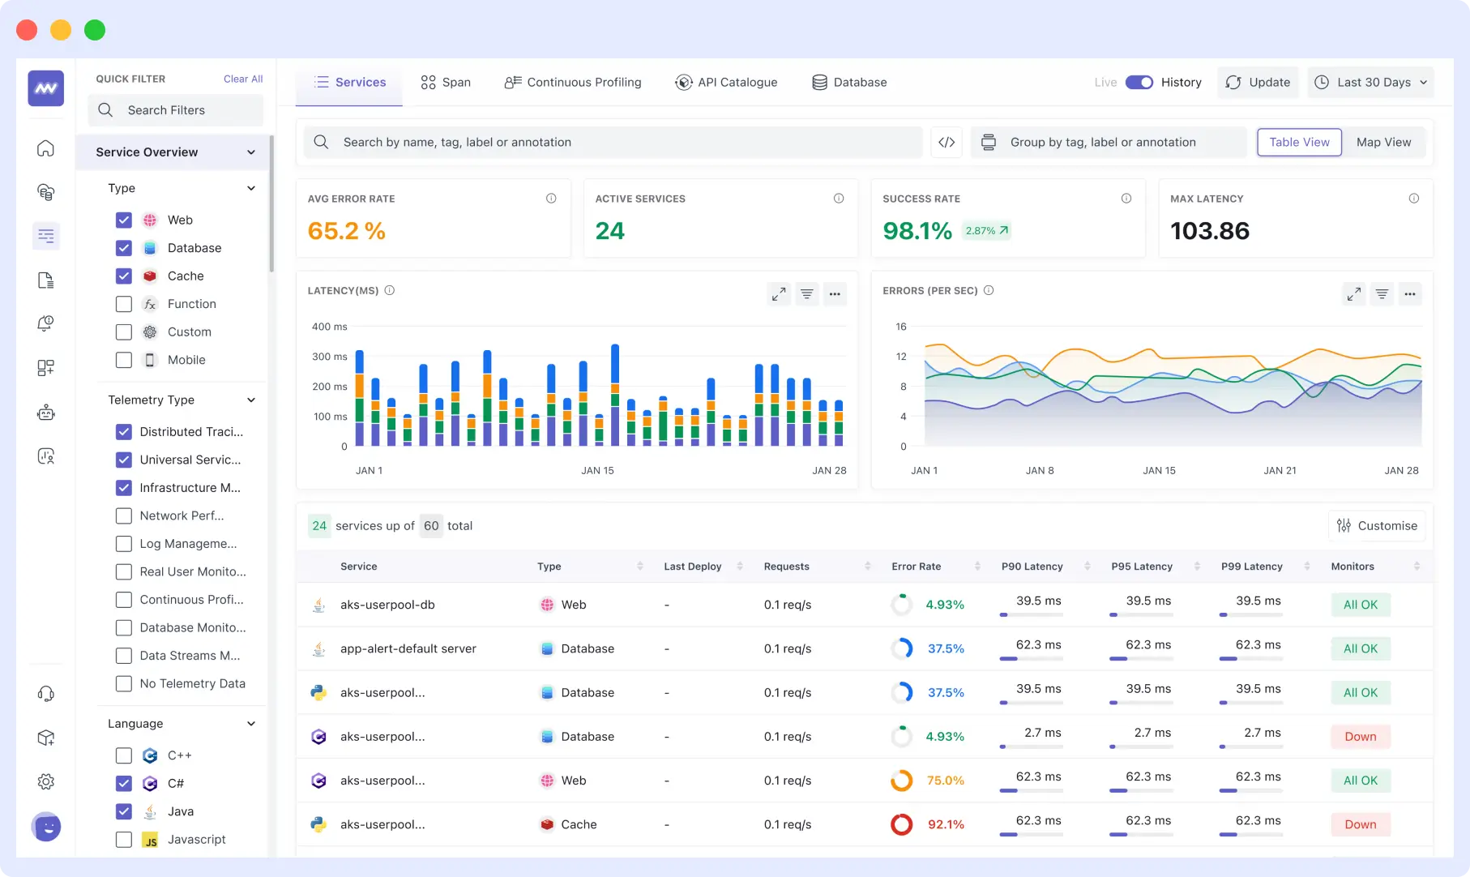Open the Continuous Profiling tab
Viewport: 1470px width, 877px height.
[x=573, y=82]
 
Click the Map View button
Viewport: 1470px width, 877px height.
[x=1383, y=142]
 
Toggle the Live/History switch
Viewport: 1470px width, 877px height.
[x=1139, y=82]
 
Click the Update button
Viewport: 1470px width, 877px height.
[x=1258, y=82]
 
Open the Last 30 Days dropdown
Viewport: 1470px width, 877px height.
[x=1370, y=82]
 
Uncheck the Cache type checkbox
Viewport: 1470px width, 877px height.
[x=124, y=276]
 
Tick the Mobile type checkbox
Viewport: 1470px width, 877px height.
[x=124, y=360]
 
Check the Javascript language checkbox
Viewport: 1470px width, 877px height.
[x=124, y=839]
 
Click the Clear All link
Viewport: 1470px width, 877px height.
[x=243, y=79]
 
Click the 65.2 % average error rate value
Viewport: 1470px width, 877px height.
[x=347, y=231]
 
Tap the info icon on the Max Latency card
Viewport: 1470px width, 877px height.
[x=1413, y=199]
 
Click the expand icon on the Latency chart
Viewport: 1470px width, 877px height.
[x=779, y=293]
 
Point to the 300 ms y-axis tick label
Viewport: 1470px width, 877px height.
[x=330, y=357]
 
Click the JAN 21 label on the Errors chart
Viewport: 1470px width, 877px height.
[x=1280, y=470]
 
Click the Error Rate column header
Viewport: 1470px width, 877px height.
[x=917, y=567]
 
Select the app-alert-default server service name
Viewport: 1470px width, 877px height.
[x=408, y=648]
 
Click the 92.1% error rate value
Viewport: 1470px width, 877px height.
[x=946, y=824]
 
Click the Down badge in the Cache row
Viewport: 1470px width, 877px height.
[x=1361, y=824]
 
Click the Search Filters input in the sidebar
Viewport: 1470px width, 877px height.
[x=176, y=110]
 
